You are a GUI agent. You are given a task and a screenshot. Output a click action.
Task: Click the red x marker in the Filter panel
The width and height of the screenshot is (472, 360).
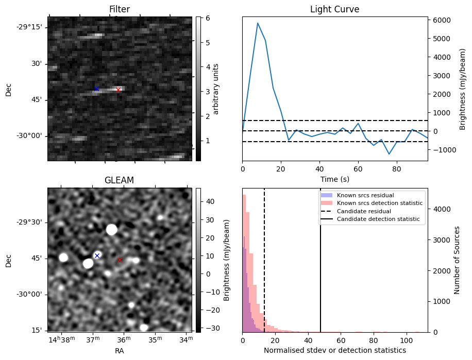[x=118, y=90]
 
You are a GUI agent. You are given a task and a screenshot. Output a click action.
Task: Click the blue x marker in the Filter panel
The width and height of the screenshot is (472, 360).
[x=96, y=89]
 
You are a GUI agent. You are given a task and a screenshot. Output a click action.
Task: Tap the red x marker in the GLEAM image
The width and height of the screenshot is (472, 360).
[x=120, y=260]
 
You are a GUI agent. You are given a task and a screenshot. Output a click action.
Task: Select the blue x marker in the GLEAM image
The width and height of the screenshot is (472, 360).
[x=97, y=255]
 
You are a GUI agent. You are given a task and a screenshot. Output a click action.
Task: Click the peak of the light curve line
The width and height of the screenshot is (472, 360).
[x=258, y=23]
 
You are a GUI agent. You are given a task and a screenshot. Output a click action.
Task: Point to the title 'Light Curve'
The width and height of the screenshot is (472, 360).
[x=334, y=9]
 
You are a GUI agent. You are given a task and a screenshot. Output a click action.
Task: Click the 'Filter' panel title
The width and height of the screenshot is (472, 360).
[x=119, y=9]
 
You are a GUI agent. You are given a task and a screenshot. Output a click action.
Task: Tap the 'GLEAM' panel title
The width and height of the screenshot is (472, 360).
[x=119, y=180]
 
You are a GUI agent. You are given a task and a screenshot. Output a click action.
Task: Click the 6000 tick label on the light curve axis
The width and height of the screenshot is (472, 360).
[x=442, y=20]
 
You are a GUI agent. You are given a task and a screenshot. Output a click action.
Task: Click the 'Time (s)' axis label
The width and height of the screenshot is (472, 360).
[x=334, y=178]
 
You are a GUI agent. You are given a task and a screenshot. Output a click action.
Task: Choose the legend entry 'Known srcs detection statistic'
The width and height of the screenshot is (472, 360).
[x=379, y=203]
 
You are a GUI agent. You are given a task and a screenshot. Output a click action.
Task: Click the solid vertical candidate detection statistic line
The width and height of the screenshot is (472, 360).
[x=321, y=268]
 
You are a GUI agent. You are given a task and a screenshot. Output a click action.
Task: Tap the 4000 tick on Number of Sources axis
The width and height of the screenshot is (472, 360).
[x=442, y=210]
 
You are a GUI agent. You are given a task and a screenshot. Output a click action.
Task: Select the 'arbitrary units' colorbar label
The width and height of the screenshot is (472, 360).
[x=216, y=89]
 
